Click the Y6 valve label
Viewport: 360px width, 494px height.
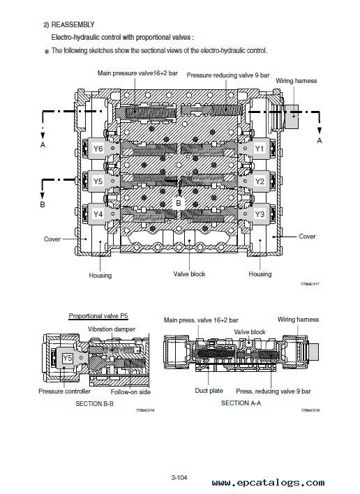point(98,149)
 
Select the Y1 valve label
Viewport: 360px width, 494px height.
point(260,149)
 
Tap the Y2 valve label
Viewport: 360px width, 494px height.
point(260,181)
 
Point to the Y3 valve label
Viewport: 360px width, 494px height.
point(260,214)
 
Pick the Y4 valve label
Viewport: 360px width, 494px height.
point(98,214)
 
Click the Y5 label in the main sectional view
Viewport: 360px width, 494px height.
point(98,181)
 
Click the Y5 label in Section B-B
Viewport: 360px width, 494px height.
point(68,358)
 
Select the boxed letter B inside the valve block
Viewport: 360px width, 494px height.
point(179,203)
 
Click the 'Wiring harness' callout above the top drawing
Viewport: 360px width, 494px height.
point(297,81)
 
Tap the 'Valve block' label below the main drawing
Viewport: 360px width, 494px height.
point(189,274)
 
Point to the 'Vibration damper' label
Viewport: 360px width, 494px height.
point(112,329)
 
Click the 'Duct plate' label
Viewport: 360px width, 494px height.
point(209,391)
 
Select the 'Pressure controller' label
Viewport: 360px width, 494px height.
point(64,391)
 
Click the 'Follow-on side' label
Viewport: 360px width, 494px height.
point(130,392)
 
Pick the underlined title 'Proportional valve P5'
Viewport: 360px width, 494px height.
point(98,316)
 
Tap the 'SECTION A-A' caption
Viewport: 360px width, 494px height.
point(241,403)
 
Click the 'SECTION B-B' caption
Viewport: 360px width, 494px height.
point(94,403)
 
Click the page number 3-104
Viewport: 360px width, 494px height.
point(179,478)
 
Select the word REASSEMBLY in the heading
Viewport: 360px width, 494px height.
point(73,24)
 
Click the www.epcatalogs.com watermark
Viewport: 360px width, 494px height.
point(269,482)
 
